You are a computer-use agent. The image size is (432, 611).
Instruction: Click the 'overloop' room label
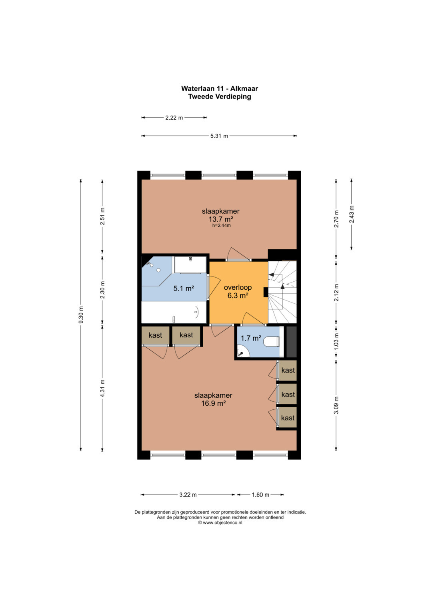click(238, 287)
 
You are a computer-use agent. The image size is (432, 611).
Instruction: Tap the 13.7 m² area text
click(221, 219)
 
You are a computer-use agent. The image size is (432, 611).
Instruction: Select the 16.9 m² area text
click(213, 403)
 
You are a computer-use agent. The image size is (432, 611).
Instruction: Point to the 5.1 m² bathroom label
click(184, 288)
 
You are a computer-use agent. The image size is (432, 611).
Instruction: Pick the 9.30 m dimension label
click(81, 315)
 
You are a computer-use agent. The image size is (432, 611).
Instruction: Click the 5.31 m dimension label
click(219, 136)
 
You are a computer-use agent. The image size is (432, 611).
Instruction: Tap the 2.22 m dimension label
click(174, 118)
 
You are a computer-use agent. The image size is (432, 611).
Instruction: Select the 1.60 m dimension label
click(260, 495)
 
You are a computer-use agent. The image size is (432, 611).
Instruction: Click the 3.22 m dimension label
click(188, 495)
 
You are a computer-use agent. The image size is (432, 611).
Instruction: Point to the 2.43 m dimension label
click(352, 214)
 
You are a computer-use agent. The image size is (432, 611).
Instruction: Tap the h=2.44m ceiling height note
click(222, 226)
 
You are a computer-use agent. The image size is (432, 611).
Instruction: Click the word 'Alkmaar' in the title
click(244, 89)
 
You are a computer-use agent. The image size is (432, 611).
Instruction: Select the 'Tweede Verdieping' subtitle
click(220, 96)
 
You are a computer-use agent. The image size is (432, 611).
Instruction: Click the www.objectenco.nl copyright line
click(220, 523)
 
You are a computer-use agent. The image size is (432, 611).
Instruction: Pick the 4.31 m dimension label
click(102, 389)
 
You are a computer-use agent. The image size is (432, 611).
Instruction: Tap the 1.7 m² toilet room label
click(251, 338)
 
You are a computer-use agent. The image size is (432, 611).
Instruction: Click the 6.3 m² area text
click(238, 295)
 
